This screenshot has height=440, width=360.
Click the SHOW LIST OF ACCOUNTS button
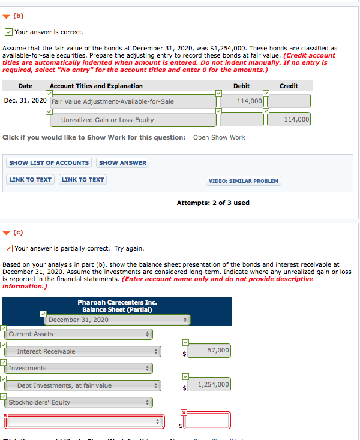[49, 162]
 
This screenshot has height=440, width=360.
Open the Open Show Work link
[219, 137]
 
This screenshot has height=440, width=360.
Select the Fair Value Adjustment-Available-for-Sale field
[133, 101]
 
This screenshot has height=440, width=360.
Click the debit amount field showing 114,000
[241, 101]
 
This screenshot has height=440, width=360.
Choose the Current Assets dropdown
[79, 334]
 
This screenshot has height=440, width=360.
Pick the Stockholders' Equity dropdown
[79, 402]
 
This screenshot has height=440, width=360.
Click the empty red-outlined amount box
[207, 421]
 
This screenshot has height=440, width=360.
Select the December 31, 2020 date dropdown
[118, 320]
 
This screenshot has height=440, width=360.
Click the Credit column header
[289, 86]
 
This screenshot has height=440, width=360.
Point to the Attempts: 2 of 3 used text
[213, 203]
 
